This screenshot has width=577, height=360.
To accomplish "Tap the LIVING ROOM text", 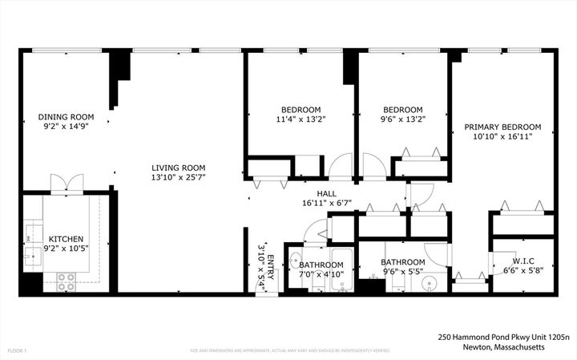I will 179,168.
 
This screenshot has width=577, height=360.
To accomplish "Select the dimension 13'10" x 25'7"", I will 179,177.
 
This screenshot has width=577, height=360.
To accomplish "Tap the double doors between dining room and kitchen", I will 62,183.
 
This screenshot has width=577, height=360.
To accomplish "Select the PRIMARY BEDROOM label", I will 502,127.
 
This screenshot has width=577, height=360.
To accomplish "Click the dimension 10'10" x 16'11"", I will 502,136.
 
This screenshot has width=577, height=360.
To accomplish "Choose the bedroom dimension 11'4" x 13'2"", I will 301,119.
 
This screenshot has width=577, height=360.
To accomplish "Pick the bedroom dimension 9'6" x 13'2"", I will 402,119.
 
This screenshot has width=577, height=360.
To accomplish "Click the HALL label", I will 326,193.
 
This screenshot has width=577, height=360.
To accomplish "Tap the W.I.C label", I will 523,261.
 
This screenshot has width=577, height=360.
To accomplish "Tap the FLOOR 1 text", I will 17,350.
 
